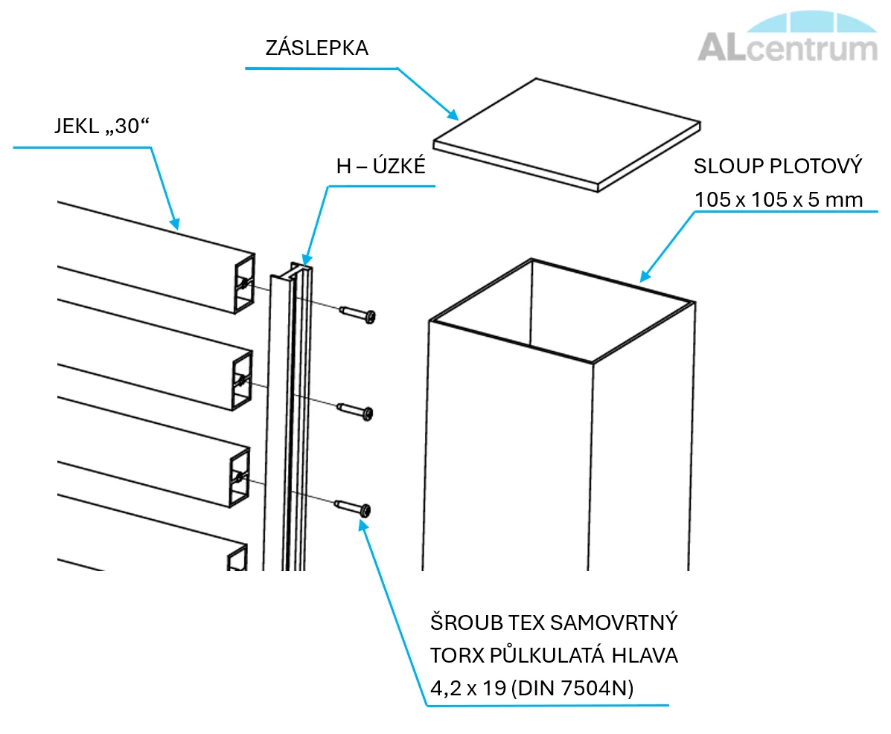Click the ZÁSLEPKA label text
(316, 48)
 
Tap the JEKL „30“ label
(102, 126)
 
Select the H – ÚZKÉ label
(380, 166)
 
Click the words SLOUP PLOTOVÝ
(778, 167)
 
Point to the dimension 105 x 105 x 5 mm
(779, 199)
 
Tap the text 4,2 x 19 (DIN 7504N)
(532, 688)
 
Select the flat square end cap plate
(566, 135)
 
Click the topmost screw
(357, 313)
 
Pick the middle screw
(355, 411)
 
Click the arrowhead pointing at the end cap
(452, 114)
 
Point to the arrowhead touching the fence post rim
(645, 275)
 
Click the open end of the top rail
(245, 284)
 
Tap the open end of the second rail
(243, 381)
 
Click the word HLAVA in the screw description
(645, 656)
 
